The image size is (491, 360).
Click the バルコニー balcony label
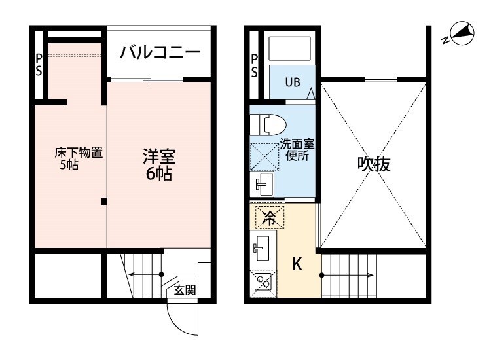(x=160, y=53)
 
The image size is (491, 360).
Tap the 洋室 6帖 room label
(x=159, y=165)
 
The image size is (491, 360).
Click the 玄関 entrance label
(x=184, y=290)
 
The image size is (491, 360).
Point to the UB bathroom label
(x=291, y=83)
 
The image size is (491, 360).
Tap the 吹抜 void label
(x=373, y=164)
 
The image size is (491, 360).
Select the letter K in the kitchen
(x=297, y=264)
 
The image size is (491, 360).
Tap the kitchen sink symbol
(x=263, y=247)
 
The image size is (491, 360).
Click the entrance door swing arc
(x=181, y=321)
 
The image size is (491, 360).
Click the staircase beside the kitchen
(x=350, y=275)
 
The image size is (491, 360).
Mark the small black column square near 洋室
(x=103, y=201)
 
